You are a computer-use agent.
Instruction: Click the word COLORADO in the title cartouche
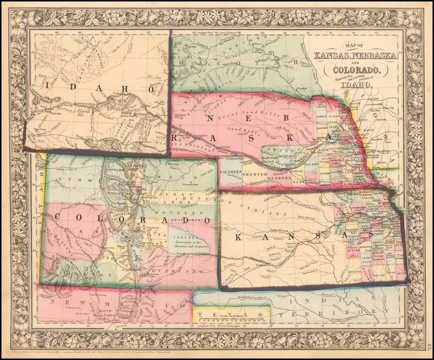point(358,70)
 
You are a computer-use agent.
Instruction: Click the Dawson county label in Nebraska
point(264,158)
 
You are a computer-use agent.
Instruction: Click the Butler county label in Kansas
point(354,249)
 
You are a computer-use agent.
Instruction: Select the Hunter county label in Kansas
point(355,271)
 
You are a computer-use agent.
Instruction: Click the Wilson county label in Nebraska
point(312,165)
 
